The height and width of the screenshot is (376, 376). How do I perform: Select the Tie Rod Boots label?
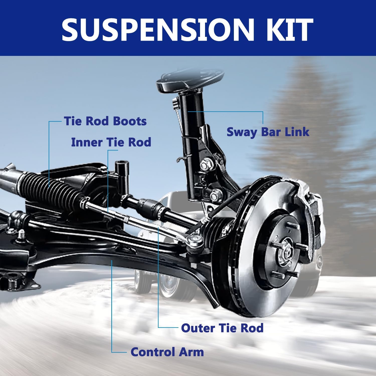tap(105, 121)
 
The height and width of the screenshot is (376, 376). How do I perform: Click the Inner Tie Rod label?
tap(111, 142)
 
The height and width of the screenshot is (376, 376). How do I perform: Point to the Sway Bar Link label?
tap(268, 132)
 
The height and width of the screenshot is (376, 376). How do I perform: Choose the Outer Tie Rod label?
tap(222, 328)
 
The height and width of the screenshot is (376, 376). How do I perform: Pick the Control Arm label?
tap(167, 352)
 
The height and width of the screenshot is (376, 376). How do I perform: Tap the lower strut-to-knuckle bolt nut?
tap(216, 194)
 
